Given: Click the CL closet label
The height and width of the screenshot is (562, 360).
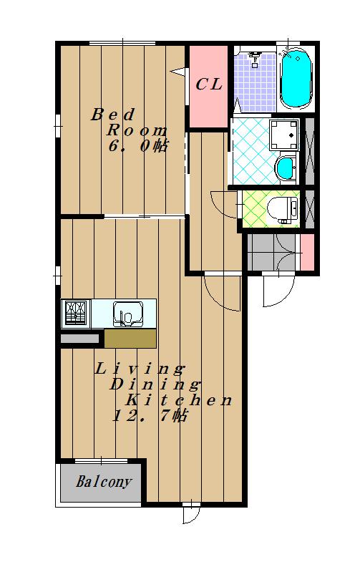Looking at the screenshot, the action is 209,84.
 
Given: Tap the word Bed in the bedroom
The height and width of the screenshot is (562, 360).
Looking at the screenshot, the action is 113,115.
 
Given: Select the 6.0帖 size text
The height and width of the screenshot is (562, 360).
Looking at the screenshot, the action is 138,146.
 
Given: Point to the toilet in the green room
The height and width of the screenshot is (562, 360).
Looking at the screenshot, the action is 283,210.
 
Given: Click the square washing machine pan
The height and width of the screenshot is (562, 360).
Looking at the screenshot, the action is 284,135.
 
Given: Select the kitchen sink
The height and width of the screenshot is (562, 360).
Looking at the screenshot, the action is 128,314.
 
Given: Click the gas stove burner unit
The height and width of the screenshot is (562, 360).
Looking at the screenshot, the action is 76,313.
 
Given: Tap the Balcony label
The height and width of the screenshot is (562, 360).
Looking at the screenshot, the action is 104,481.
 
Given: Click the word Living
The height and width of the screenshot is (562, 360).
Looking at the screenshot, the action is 140,369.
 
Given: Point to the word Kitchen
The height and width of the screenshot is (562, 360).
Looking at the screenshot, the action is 180,400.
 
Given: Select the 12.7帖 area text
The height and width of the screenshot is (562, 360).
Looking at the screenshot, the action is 150,415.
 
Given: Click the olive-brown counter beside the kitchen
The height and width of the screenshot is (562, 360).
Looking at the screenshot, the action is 130,339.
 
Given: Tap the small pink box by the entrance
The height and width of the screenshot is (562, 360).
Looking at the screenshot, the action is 307,252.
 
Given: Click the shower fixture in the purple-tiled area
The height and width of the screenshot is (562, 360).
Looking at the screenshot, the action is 255,58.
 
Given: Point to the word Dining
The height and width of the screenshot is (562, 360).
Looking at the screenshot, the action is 155,384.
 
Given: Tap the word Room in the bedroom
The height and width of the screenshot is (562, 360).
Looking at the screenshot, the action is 137,130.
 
